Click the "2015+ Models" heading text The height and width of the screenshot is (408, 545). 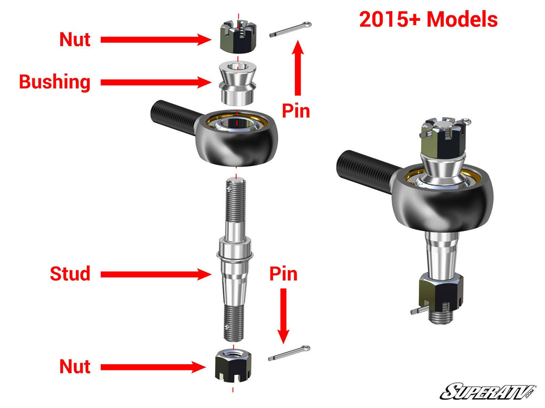[428, 20]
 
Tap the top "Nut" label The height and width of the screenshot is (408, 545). [75, 40]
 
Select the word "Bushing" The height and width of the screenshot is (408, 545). [55, 82]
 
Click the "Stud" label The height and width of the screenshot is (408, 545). [70, 274]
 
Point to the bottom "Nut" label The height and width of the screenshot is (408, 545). [75, 366]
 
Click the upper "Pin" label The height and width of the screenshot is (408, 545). [296, 111]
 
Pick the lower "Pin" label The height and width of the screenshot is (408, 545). [283, 274]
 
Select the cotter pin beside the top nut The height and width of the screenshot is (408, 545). [290, 30]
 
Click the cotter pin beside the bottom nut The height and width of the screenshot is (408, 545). [289, 353]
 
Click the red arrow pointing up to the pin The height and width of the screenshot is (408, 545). [298, 68]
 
